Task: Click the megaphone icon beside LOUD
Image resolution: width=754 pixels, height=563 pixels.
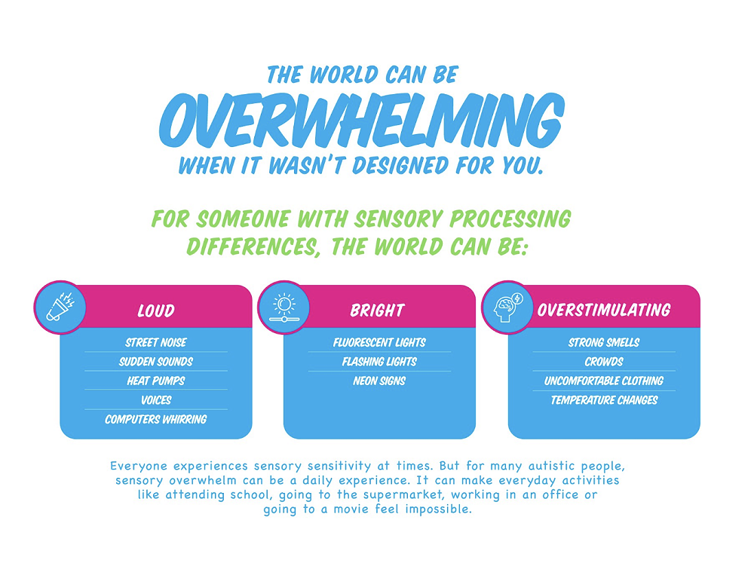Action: coord(59,307)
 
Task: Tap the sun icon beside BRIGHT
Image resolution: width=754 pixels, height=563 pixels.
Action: coord(283,307)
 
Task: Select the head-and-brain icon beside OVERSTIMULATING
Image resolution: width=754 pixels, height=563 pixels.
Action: coord(507,307)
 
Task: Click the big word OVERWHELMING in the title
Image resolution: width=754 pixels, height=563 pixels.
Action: coord(361,121)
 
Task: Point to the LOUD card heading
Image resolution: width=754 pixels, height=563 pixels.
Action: coord(156,311)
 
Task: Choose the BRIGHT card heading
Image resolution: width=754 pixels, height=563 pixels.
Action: coord(377,311)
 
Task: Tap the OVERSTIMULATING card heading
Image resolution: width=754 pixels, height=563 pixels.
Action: coord(603,311)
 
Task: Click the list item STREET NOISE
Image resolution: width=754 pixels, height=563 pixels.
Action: coord(156,342)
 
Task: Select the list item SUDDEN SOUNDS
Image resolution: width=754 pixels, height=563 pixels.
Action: coord(156,362)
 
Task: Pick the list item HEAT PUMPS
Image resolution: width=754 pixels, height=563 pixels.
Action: coord(156,381)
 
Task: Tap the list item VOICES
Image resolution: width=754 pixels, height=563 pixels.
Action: coord(156,400)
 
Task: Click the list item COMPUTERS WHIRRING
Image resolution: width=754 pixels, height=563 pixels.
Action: coord(156,419)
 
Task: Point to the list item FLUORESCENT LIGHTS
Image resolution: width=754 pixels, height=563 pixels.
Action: coord(379,342)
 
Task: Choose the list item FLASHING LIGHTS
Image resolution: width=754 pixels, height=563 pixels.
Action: coord(379,362)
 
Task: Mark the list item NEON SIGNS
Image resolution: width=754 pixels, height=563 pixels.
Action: coord(379,381)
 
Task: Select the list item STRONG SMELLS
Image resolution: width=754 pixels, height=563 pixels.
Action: coord(604,342)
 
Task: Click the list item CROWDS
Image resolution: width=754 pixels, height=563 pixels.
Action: coord(604,362)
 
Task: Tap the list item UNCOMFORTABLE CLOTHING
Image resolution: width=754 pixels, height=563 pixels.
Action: coord(604,381)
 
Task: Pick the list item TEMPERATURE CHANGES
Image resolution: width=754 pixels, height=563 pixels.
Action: coord(604,400)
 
